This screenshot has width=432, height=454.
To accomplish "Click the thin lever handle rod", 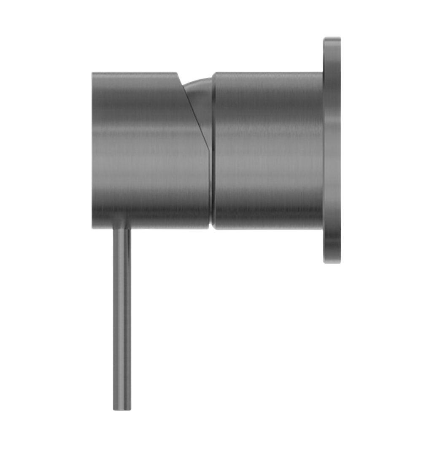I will tap(122, 320).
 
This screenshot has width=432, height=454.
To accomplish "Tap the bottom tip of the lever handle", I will tap(122, 409).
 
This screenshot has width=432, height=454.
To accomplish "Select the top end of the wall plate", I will tap(332, 37).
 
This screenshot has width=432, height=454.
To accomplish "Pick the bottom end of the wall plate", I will tap(332, 263).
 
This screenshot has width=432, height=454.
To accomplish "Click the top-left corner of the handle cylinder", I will tap(92, 72).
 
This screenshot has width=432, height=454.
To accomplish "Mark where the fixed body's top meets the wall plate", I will tap(322, 72).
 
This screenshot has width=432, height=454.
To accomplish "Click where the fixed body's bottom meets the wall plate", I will tap(322, 230).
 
